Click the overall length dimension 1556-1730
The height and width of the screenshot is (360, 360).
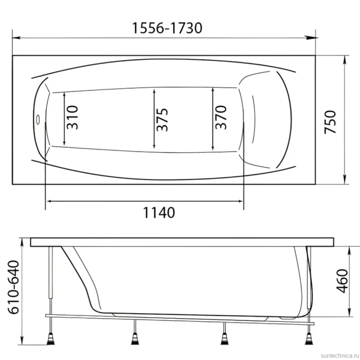click(167, 28)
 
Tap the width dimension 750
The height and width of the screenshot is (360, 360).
click(330, 122)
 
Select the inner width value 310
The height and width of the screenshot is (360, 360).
click(72, 117)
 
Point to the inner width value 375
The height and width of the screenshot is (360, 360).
click(162, 120)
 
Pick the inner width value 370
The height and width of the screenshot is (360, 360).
click(221, 117)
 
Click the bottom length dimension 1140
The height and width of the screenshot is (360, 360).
click(159, 212)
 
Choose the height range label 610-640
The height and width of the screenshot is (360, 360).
click(13, 287)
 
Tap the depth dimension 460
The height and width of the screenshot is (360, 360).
click(342, 281)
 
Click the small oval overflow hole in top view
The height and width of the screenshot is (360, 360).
click(38, 120)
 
